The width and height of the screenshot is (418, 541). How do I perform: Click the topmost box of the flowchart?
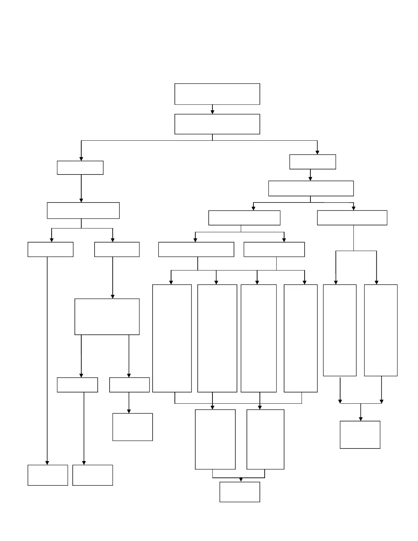[217, 94]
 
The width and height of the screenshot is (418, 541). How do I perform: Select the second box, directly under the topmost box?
[217, 124]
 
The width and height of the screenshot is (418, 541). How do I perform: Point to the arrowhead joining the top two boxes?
[212, 112]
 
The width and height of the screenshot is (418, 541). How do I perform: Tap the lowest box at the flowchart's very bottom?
[240, 492]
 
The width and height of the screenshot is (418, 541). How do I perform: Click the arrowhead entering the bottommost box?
[241, 480]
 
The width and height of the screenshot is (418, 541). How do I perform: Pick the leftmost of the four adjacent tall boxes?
[172, 338]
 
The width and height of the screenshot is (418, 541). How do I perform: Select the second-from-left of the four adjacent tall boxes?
[217, 338]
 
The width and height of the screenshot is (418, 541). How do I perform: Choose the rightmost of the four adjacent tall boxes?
[301, 338]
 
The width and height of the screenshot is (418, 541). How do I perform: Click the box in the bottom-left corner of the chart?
[48, 475]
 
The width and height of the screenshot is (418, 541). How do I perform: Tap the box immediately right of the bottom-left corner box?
[93, 475]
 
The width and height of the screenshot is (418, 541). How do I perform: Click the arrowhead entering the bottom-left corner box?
[47, 462]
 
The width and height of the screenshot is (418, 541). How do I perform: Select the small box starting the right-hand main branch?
[312, 162]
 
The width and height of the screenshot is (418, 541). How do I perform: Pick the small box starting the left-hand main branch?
[80, 168]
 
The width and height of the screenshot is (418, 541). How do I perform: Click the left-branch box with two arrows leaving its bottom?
[107, 317]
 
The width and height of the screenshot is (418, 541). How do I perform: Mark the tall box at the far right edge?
[381, 330]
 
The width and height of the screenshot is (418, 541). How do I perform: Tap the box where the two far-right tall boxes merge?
[360, 434]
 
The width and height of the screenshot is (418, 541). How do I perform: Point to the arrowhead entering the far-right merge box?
[361, 419]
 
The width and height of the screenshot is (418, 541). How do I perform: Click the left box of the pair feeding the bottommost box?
[215, 439]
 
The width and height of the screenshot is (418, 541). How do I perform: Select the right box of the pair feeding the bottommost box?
[265, 439]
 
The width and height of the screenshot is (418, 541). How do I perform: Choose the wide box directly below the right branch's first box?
[311, 189]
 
